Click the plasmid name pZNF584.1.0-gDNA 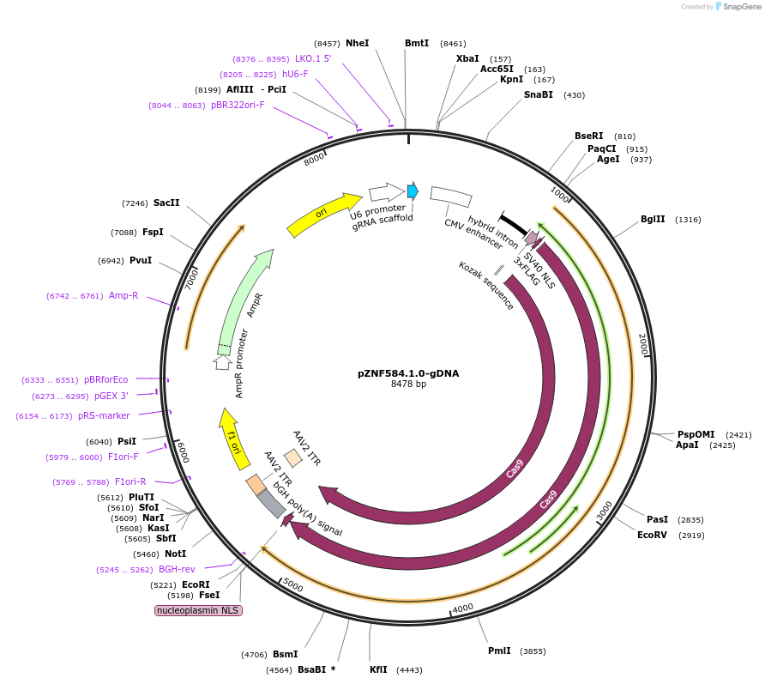(x=407, y=373)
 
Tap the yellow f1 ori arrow (x=230, y=437)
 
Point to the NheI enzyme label (x=357, y=43)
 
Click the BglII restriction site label (x=653, y=219)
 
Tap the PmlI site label (x=499, y=651)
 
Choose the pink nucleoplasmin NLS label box (x=198, y=610)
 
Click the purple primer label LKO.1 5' (x=313, y=58)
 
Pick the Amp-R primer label (x=123, y=295)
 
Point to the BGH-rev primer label (x=177, y=568)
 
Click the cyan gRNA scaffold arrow (x=413, y=191)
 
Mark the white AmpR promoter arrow (x=223, y=361)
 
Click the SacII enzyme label (x=166, y=203)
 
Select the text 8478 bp (x=407, y=384)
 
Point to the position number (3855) (x=533, y=651)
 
